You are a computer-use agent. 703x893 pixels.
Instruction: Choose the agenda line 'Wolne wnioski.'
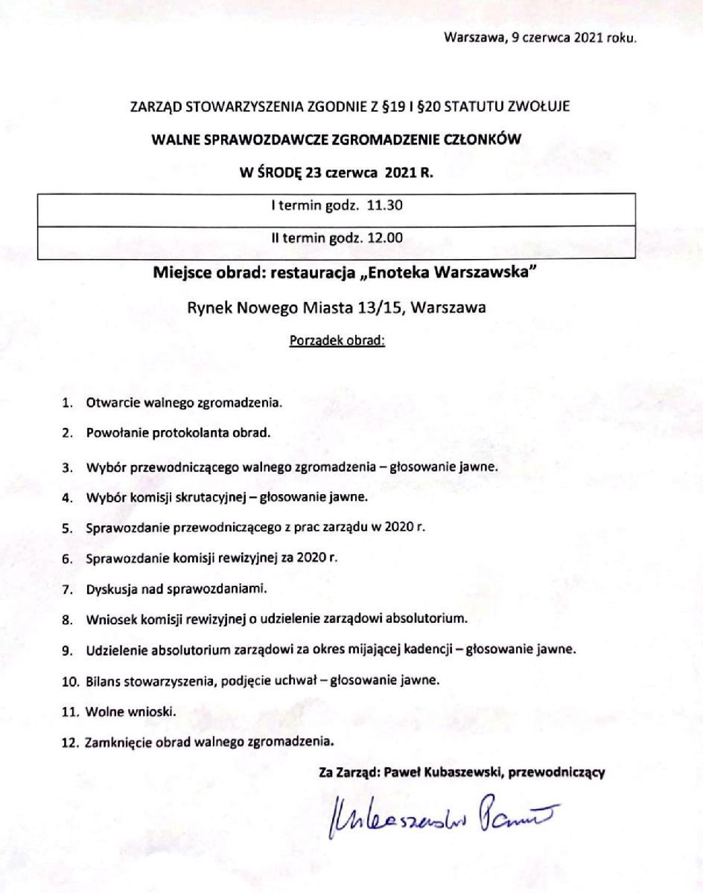132,711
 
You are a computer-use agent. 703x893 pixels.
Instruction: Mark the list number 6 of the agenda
66,558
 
